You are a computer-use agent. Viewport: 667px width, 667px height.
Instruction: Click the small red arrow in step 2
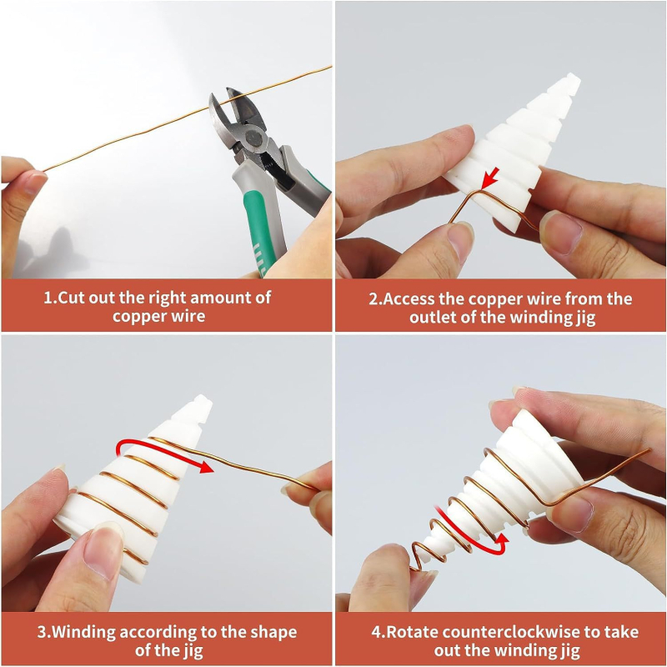tap(490, 178)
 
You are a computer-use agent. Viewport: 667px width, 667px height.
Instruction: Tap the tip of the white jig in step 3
tap(203, 402)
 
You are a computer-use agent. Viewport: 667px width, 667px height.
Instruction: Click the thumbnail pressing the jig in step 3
tap(100, 552)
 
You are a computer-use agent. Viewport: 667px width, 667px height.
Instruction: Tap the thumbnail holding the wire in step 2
tap(462, 241)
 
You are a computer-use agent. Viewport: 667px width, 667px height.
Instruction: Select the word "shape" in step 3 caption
tap(273, 633)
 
